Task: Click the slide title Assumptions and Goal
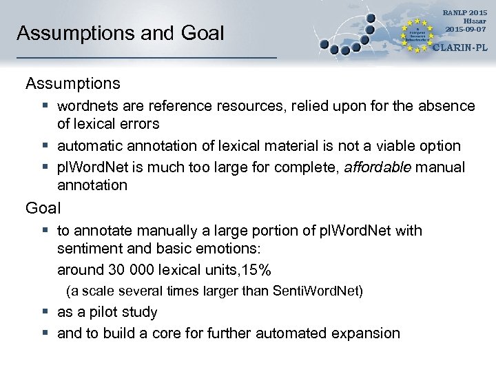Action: pyautogui.click(x=121, y=33)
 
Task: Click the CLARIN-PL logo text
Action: pyautogui.click(x=459, y=48)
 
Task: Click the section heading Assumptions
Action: pyautogui.click(x=73, y=84)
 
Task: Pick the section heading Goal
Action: pyautogui.click(x=43, y=207)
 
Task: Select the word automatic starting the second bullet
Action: pyautogui.click(x=87, y=146)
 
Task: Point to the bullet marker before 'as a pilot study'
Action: pyautogui.click(x=43, y=313)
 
